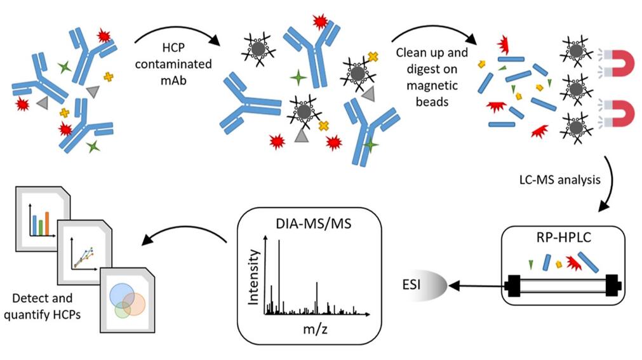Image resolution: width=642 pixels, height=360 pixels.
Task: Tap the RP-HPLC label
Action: [x=561, y=239]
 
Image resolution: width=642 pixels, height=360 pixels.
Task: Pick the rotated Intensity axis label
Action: [x=253, y=277]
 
